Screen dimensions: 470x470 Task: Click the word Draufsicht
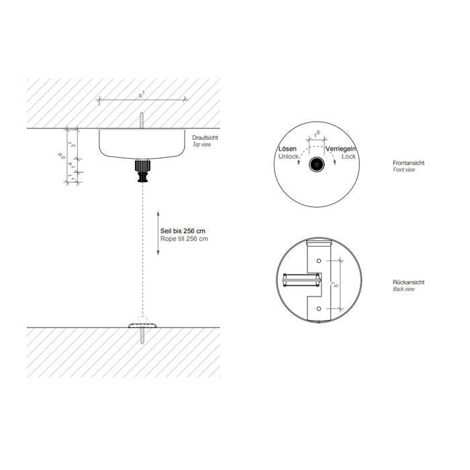[205, 138]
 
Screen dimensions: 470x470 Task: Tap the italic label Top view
[201, 145]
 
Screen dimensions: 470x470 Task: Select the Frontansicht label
[408, 163]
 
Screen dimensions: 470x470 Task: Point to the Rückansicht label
[408, 282]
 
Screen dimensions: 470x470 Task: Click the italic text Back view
[404, 289]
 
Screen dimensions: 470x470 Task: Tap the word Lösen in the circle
[287, 149]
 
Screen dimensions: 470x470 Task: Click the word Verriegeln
[341, 149]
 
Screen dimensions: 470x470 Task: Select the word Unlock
[288, 157]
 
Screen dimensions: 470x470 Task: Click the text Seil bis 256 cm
[183, 231]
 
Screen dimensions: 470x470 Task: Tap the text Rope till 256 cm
[184, 239]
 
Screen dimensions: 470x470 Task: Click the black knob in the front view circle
[316, 165]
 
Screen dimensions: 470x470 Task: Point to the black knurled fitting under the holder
[142, 171]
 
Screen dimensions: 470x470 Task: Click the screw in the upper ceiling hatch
[142, 120]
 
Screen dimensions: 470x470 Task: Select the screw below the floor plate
[142, 336]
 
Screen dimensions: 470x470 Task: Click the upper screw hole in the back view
[319, 261]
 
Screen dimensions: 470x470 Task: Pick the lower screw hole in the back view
[319, 309]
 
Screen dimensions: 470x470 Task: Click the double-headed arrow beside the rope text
[158, 233]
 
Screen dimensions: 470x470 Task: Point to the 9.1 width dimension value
[142, 95]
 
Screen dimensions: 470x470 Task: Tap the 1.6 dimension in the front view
[316, 134]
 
